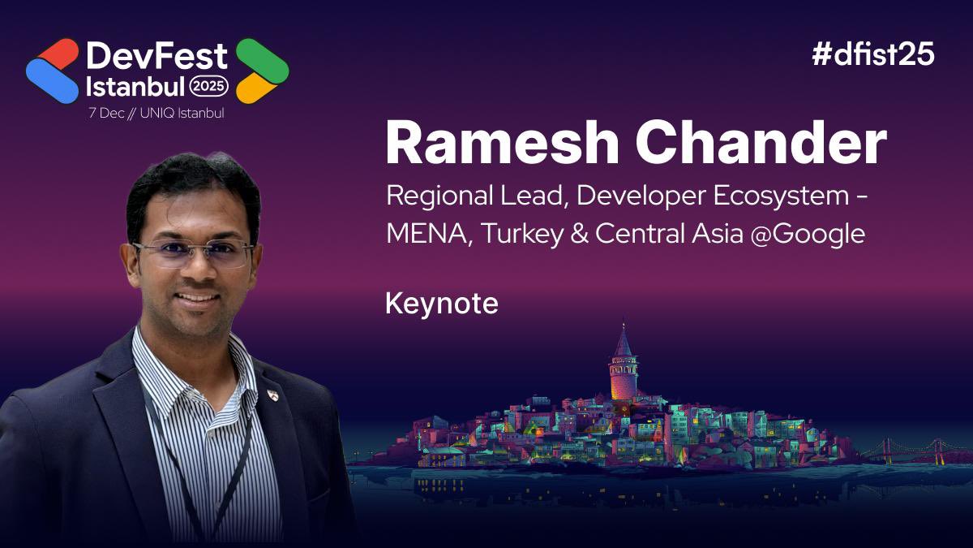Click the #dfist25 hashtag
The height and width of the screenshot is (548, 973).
coord(872,54)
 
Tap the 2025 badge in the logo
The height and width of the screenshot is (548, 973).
coord(209,85)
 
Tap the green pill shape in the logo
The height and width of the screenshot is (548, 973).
coord(262,58)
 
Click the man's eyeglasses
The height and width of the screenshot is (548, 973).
coord(193,253)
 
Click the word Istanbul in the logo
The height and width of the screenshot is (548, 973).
coord(135,85)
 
